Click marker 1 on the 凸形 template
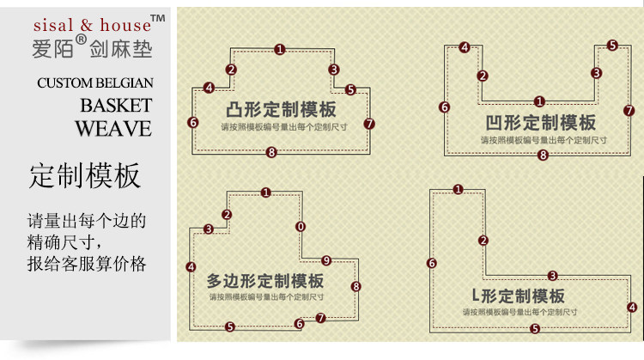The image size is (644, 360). tap(280, 50)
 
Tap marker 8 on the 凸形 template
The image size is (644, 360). tap(271, 152)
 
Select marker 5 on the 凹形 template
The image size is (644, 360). tap(612, 46)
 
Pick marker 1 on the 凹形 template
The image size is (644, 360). tap(539, 101)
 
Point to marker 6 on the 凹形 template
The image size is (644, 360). tap(444, 107)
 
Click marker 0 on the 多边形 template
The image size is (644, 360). tap(300, 227)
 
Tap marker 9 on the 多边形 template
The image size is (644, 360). tap(325, 260)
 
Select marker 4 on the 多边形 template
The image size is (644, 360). tap(191, 267)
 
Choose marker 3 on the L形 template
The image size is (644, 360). tap(552, 276)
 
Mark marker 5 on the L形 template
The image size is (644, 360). tap(535, 328)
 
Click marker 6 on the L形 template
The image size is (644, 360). tap(431, 263)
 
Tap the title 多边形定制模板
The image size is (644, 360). tap(265, 281)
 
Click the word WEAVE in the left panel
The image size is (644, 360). tap(112, 129)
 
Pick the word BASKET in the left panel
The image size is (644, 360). tap(116, 106)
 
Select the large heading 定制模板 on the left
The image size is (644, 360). tap(84, 176)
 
